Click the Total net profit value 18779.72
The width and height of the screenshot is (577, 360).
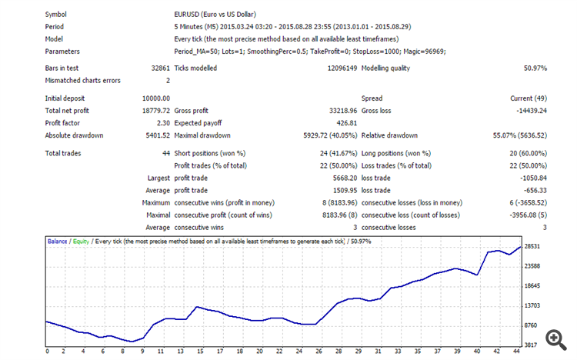(x=155, y=111)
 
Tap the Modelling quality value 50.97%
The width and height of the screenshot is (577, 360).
(x=531, y=68)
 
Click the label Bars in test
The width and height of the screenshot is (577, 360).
(x=65, y=68)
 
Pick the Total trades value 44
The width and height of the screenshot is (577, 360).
(x=165, y=153)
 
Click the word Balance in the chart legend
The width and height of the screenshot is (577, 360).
(x=58, y=241)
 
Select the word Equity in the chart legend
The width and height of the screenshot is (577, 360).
(x=80, y=241)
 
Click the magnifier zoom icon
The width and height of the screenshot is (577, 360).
(x=552, y=339)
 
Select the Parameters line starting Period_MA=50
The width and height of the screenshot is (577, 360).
(x=310, y=52)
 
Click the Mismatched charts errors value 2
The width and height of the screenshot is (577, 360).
(x=168, y=80)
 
